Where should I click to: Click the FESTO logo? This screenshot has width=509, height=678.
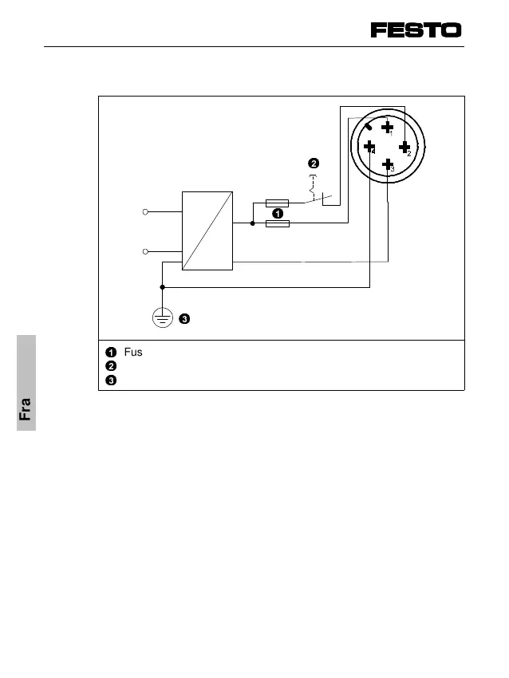pyautogui.click(x=416, y=30)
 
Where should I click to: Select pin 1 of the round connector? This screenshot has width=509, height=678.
pyautogui.click(x=387, y=127)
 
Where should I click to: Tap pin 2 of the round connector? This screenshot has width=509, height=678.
pyautogui.click(x=405, y=147)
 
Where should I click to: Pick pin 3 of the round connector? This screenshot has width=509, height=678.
pyautogui.click(x=388, y=165)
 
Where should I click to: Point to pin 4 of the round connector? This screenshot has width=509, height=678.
pyautogui.click(x=369, y=146)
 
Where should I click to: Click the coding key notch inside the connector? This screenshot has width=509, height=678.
pyautogui.click(x=369, y=127)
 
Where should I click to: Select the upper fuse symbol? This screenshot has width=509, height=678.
pyautogui.click(x=277, y=203)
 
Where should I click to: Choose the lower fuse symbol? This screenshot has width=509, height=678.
pyautogui.click(x=277, y=224)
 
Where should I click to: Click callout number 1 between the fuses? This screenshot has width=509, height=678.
pyautogui.click(x=277, y=214)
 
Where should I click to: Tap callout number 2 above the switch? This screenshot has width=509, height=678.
pyautogui.click(x=314, y=164)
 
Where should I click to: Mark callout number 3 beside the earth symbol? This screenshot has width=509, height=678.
pyautogui.click(x=184, y=319)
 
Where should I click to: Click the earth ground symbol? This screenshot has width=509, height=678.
pyautogui.click(x=162, y=318)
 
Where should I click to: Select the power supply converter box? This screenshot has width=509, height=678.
pyautogui.click(x=207, y=231)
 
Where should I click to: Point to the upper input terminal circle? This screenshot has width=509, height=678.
pyautogui.click(x=146, y=212)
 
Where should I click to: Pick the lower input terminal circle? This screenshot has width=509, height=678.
pyautogui.click(x=146, y=252)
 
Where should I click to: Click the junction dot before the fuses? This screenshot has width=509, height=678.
pyautogui.click(x=253, y=224)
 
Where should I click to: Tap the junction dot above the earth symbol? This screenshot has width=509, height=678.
pyautogui.click(x=162, y=286)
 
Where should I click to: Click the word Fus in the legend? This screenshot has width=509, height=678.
pyautogui.click(x=133, y=352)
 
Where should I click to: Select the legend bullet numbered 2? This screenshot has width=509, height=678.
pyautogui.click(x=111, y=365)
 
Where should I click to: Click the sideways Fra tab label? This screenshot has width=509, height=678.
pyautogui.click(x=26, y=408)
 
